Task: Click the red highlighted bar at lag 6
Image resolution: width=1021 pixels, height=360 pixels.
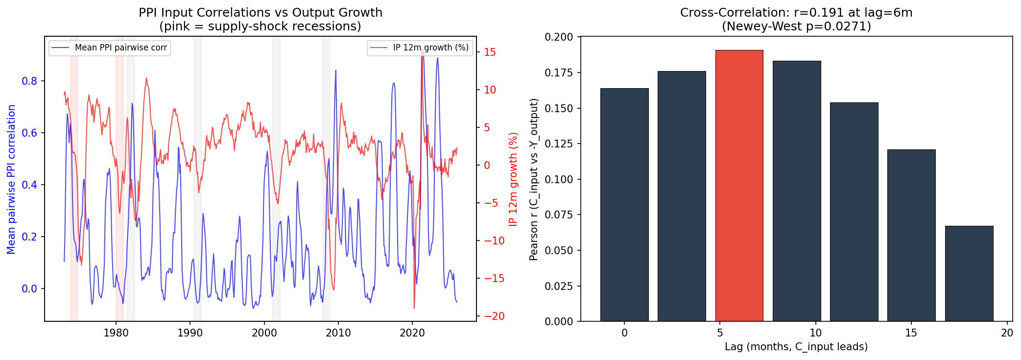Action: pyautogui.click(x=739, y=186)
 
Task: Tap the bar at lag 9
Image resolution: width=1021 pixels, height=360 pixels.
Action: pyautogui.click(x=796, y=191)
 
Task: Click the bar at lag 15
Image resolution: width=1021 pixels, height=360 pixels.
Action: pyautogui.click(x=911, y=235)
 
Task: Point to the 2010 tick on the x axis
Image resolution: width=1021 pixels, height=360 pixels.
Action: pyautogui.click(x=338, y=333)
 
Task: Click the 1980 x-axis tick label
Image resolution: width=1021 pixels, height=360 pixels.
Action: pyautogui.click(x=116, y=333)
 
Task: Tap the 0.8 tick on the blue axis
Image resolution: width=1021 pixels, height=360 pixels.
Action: pyautogui.click(x=29, y=81)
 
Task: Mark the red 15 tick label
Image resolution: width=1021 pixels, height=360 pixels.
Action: pyautogui.click(x=490, y=52)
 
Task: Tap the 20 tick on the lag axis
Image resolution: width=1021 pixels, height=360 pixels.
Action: pyautogui.click(x=1007, y=333)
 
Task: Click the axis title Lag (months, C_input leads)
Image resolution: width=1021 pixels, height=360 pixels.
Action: pyautogui.click(x=796, y=347)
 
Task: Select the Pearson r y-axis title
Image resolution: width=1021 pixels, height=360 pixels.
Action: pyautogui.click(x=534, y=179)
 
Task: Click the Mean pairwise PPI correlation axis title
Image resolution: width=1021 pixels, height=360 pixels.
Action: pyautogui.click(x=11, y=179)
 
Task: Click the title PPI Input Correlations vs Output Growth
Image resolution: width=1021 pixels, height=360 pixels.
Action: pyautogui.click(x=261, y=13)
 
